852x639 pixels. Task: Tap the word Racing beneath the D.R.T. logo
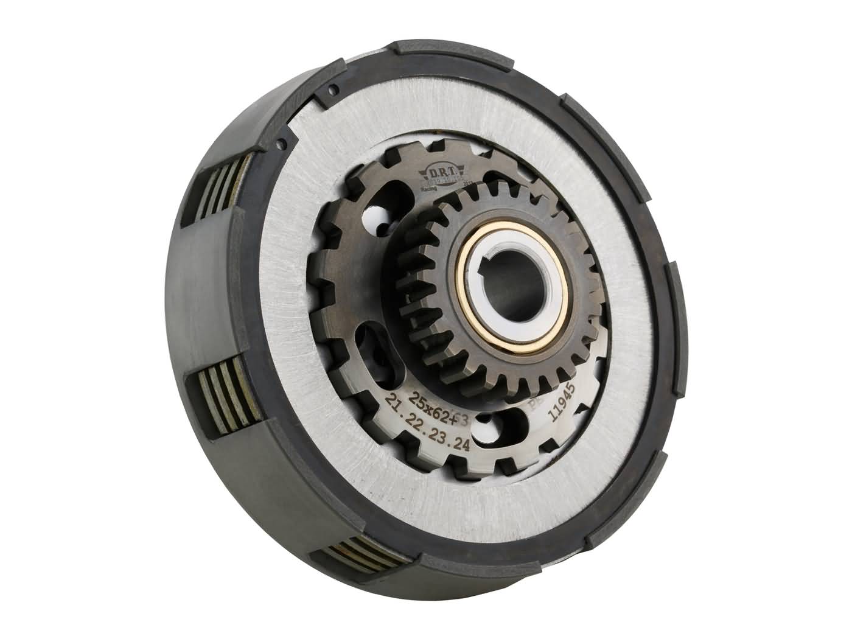[431, 190]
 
